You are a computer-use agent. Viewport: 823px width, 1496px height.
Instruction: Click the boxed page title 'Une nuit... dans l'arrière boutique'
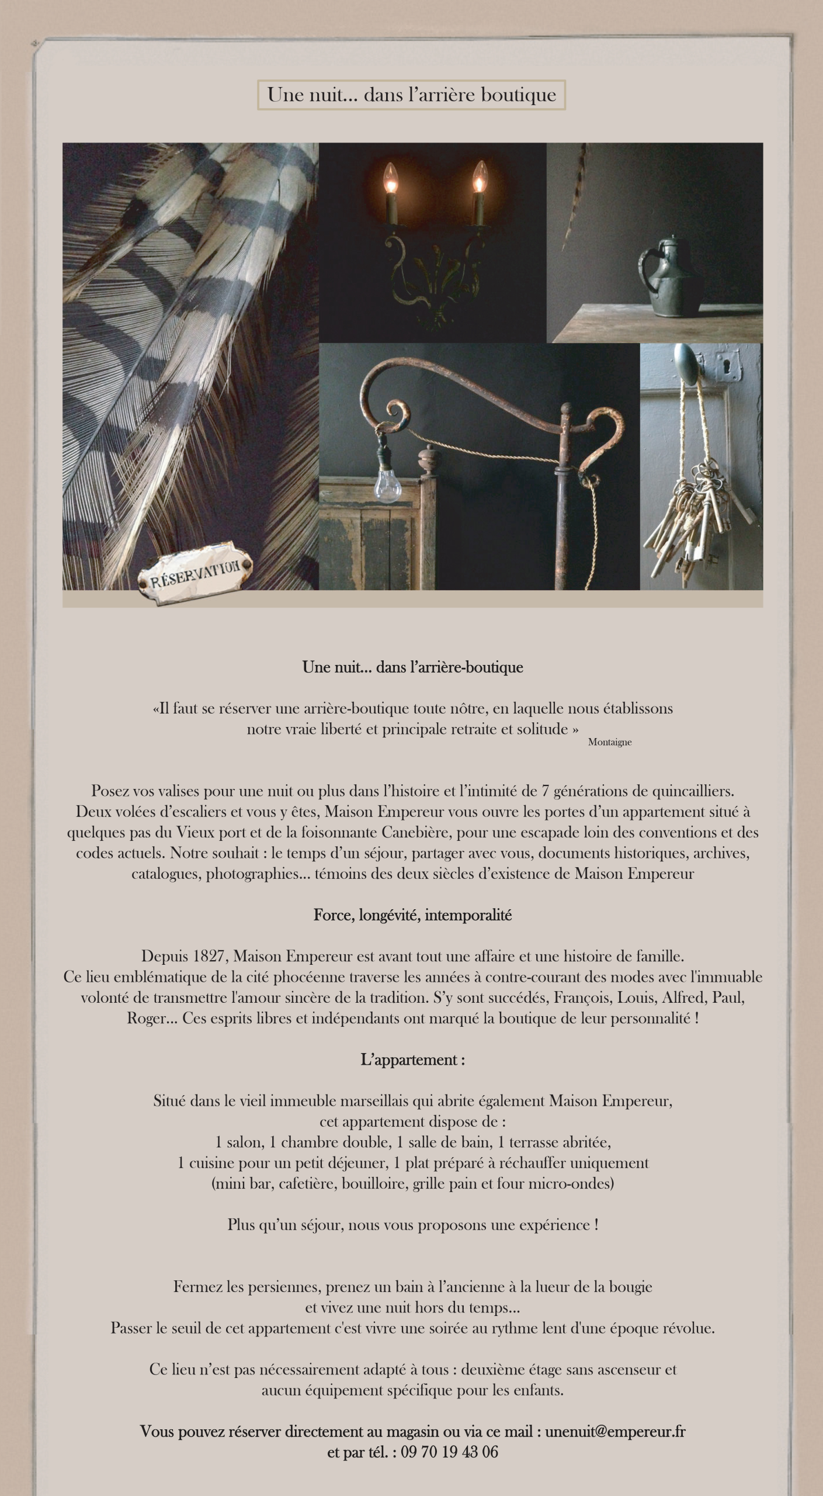click(411, 95)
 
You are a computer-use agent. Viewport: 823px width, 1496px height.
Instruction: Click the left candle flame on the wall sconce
click(390, 177)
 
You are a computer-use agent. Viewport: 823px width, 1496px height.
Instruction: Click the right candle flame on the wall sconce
click(479, 176)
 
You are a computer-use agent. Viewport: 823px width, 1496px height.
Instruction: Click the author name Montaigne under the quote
click(609, 742)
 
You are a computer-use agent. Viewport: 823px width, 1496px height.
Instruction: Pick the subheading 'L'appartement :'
click(412, 1059)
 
